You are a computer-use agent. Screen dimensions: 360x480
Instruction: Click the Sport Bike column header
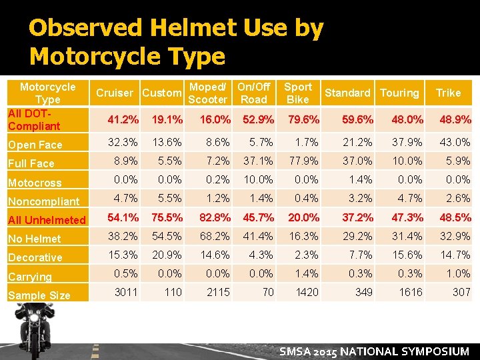click(x=297, y=93)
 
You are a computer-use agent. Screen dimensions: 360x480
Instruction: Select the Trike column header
click(x=448, y=93)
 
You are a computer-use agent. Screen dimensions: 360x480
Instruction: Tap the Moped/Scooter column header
click(x=207, y=93)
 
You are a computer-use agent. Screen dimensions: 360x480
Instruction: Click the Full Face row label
click(x=31, y=163)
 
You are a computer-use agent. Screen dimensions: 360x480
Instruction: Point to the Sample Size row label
click(x=39, y=295)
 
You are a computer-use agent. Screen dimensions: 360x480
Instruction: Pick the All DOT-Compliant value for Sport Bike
click(x=303, y=120)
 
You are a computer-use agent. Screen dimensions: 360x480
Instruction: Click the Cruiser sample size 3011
click(x=125, y=292)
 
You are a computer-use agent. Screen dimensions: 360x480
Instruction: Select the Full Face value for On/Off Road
click(x=258, y=161)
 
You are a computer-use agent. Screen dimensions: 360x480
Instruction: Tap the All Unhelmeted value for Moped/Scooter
click(x=214, y=217)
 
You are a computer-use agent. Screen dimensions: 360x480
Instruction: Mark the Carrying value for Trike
click(x=458, y=273)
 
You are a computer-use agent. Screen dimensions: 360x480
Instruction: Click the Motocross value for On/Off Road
click(x=258, y=179)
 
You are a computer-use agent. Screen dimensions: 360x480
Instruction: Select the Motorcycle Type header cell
click(x=47, y=93)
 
